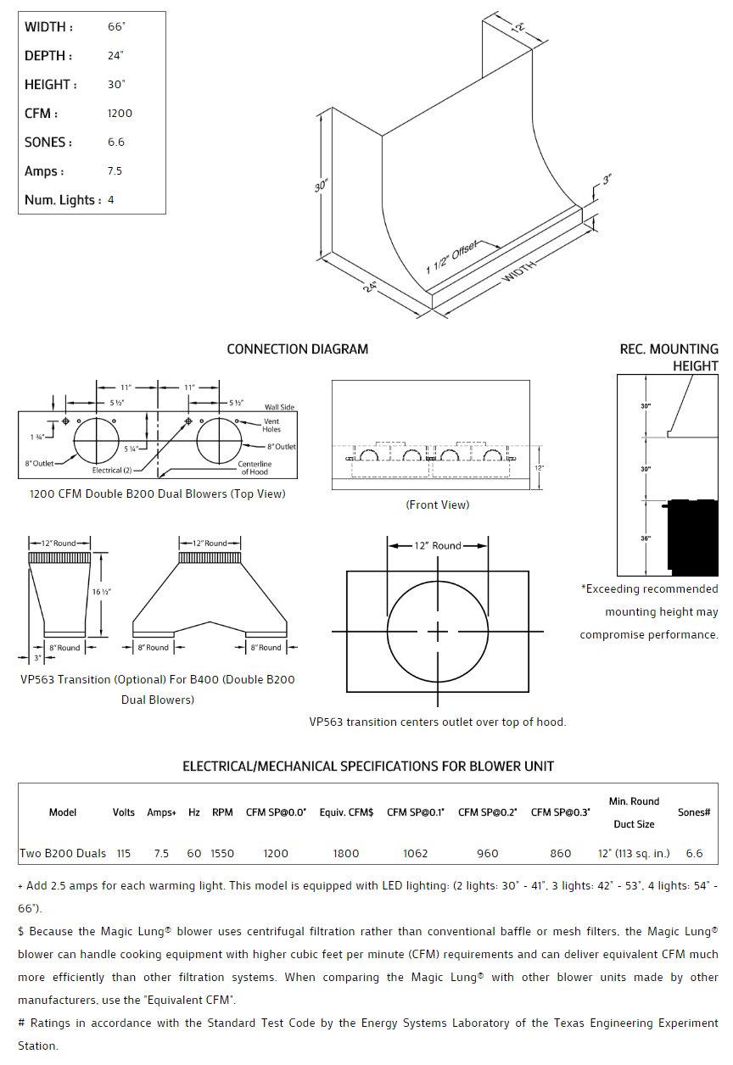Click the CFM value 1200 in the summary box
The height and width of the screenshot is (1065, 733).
click(120, 114)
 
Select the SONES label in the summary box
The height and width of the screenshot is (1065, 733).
click(48, 142)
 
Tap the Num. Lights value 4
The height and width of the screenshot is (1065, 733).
click(111, 200)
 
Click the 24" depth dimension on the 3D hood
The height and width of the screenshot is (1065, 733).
click(370, 287)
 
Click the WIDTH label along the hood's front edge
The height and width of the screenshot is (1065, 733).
click(519, 272)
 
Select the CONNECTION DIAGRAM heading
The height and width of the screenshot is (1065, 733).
click(298, 349)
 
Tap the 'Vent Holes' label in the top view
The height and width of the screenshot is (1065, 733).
click(271, 426)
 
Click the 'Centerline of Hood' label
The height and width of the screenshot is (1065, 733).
click(255, 468)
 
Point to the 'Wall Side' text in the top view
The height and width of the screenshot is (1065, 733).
click(279, 407)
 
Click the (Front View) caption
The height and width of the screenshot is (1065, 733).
click(437, 505)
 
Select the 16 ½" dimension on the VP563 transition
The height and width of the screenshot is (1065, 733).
click(102, 591)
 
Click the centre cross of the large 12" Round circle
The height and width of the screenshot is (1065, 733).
click(438, 631)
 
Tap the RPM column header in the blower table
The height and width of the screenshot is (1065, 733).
click(222, 812)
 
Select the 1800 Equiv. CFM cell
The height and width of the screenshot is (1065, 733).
click(346, 853)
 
